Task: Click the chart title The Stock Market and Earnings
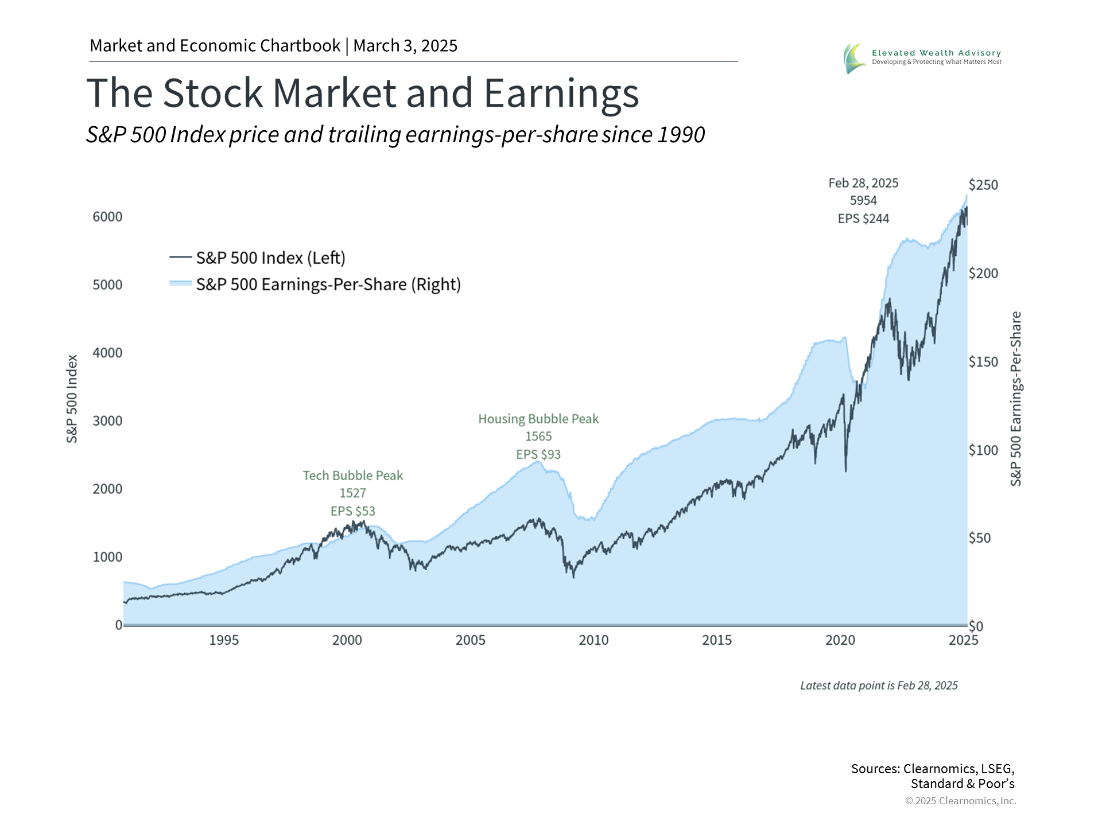[x=362, y=93]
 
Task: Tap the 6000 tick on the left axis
[x=107, y=217]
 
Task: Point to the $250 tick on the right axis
[x=983, y=185]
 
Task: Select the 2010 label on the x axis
[x=593, y=640]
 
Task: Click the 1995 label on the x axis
[x=223, y=640]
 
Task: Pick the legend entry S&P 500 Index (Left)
[x=270, y=258]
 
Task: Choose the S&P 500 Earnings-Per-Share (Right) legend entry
[x=328, y=285]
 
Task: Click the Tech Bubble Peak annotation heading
[x=353, y=476]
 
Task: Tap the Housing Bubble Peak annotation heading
[x=538, y=419]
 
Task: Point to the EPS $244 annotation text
[x=863, y=219]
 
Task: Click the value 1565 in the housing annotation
[x=538, y=437]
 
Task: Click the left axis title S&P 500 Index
[x=72, y=399]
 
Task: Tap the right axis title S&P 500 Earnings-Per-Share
[x=1016, y=399]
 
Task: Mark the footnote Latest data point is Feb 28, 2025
[x=879, y=685]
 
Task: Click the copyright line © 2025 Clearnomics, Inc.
[x=960, y=801]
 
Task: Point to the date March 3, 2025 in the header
[x=405, y=46]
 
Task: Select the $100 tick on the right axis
[x=983, y=450]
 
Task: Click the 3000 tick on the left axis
[x=107, y=421]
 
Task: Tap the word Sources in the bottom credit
[x=875, y=769]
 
